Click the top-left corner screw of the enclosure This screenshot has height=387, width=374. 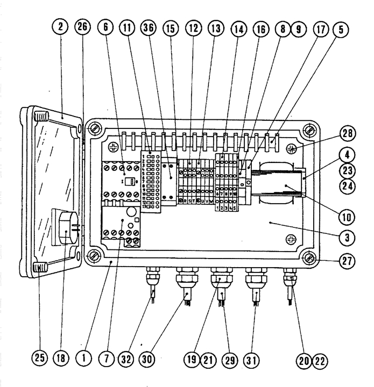coord(95,128)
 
